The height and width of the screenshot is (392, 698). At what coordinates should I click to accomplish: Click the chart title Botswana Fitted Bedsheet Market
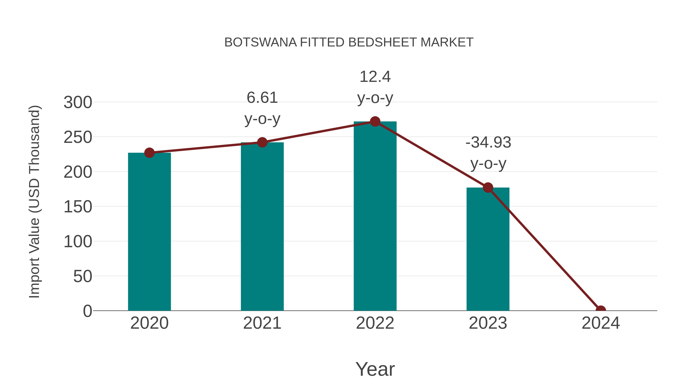(349, 42)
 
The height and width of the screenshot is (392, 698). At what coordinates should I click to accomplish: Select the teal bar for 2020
(149, 233)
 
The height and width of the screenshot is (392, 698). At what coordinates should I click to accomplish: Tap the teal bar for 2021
(262, 227)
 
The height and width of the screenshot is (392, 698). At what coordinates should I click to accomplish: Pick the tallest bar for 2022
(375, 216)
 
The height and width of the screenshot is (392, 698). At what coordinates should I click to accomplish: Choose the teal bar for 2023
(488, 249)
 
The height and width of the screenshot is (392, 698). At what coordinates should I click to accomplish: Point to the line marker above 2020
(149, 153)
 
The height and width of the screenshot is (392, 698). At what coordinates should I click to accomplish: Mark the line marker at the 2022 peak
(375, 122)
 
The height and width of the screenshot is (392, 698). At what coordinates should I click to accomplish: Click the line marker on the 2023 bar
(488, 187)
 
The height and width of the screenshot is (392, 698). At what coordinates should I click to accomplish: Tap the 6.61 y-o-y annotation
(262, 108)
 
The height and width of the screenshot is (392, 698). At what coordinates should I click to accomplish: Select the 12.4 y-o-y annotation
(375, 87)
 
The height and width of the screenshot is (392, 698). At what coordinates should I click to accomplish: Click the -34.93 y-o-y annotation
(488, 153)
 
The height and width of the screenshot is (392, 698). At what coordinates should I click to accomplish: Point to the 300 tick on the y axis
(78, 103)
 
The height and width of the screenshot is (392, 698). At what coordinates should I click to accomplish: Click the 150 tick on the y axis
(78, 207)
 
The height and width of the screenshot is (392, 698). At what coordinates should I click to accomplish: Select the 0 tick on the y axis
(87, 311)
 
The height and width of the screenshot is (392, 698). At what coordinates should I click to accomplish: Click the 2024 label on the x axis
(600, 323)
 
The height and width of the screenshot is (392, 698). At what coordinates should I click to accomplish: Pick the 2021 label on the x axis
(262, 323)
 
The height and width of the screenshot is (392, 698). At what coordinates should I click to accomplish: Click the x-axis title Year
(375, 369)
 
